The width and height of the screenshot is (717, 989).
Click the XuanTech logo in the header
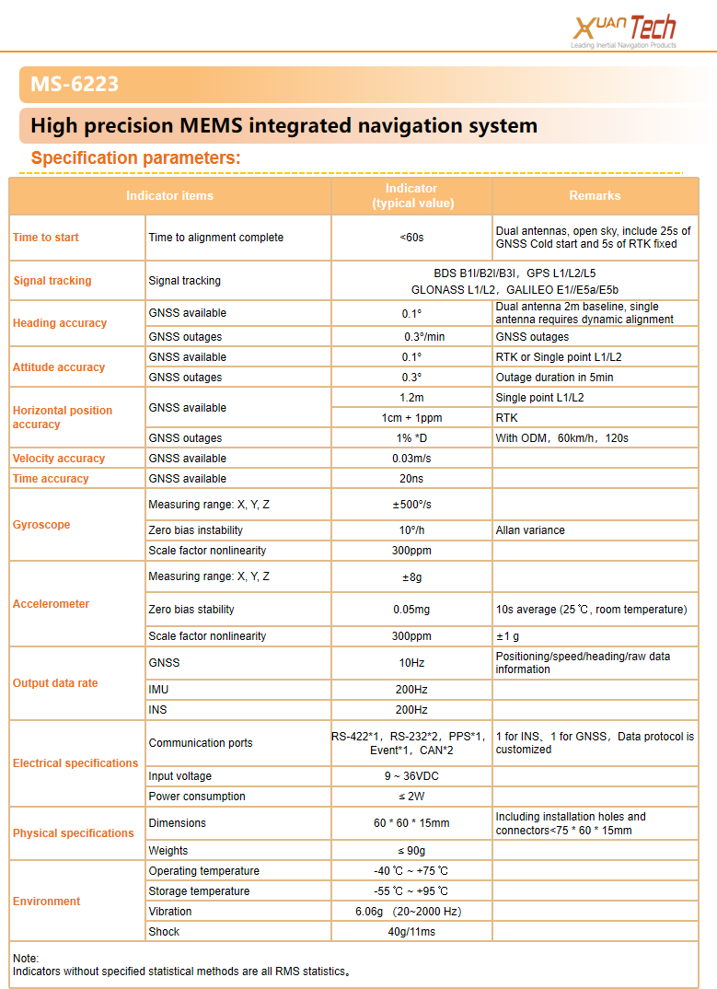click(x=625, y=31)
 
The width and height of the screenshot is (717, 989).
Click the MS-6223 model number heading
click(x=75, y=86)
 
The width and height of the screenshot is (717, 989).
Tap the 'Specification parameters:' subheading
click(x=135, y=157)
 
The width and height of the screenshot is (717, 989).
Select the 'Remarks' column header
click(x=595, y=195)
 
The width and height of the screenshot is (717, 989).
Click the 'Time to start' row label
click(x=46, y=238)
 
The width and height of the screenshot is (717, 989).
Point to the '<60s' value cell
click(x=411, y=238)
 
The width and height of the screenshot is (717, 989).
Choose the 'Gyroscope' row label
click(x=41, y=525)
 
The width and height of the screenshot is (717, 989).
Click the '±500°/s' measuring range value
click(x=411, y=505)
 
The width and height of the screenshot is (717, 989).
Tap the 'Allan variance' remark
click(x=530, y=530)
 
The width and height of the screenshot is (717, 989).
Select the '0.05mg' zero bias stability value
click(x=411, y=610)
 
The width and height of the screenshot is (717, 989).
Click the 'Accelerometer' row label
click(x=52, y=604)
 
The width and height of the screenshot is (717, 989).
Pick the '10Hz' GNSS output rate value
click(x=411, y=663)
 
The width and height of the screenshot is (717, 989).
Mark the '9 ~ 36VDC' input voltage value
click(x=411, y=776)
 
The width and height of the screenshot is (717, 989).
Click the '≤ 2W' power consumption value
click(x=411, y=797)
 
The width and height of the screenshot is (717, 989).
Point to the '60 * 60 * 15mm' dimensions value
click(x=411, y=823)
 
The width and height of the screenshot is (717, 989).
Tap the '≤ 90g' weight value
click(x=411, y=851)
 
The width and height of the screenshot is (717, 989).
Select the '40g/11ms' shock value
click(x=411, y=932)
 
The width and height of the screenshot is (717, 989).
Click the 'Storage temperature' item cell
click(x=199, y=891)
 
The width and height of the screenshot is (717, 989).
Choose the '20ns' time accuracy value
click(x=411, y=479)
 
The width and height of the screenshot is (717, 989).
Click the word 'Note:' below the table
click(x=26, y=959)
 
